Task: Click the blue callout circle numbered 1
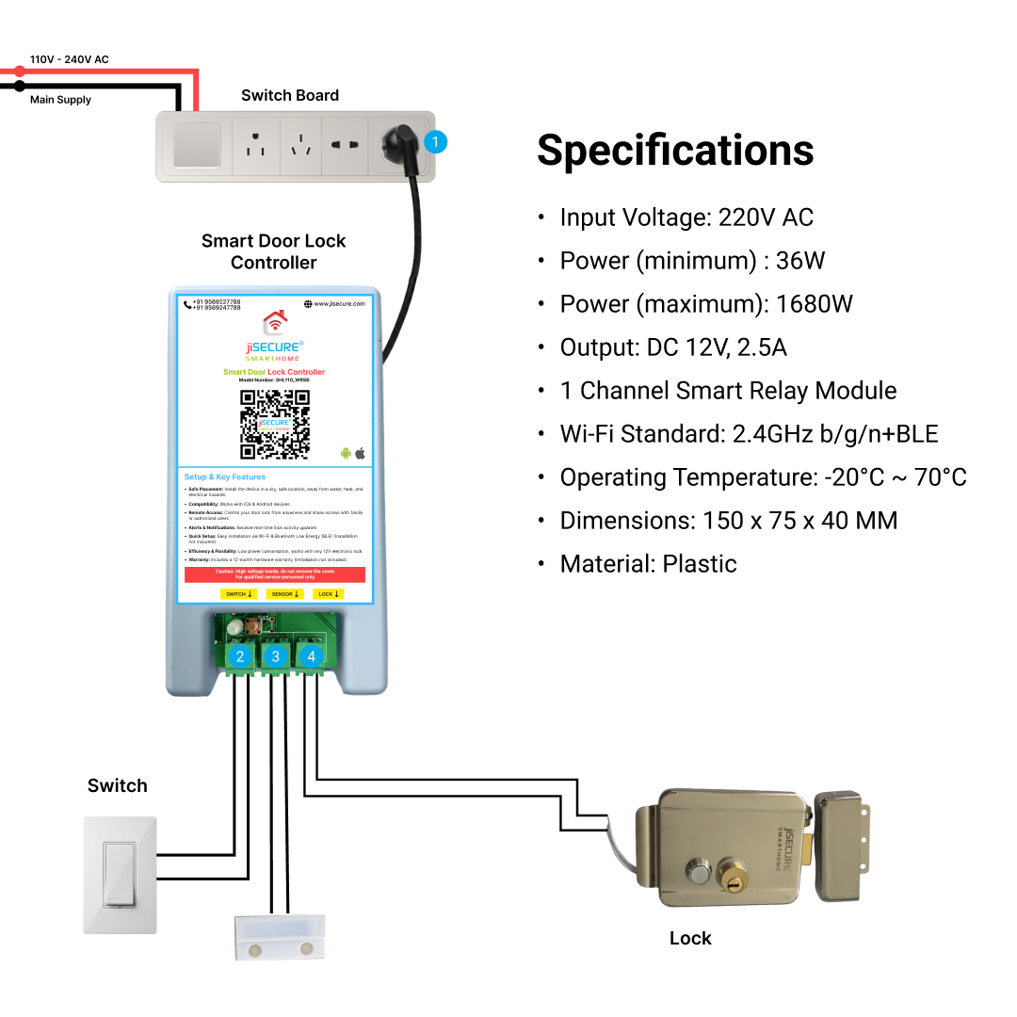point(434,142)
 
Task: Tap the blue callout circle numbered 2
point(240,656)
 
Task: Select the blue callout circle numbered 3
point(275,656)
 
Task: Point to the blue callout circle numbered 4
point(311,656)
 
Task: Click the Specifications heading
point(675,151)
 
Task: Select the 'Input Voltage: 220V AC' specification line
point(686,218)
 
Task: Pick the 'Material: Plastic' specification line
point(648,564)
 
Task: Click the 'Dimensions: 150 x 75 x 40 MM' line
point(728,521)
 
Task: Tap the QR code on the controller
point(274,425)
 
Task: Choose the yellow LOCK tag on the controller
point(328,594)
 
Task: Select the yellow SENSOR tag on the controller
point(283,594)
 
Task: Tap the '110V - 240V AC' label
point(70,59)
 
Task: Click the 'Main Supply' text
point(60,100)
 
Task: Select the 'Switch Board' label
point(289,95)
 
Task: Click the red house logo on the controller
point(274,322)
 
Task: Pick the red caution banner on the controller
point(274,574)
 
